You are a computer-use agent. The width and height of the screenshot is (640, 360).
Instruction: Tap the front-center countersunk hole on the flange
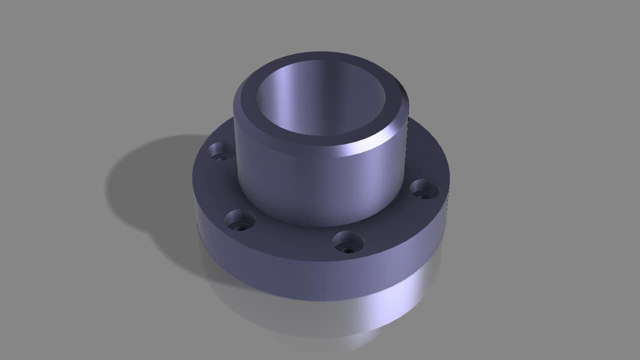point(348,241)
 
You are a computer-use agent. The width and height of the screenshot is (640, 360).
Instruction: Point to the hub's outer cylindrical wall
point(310,185)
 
